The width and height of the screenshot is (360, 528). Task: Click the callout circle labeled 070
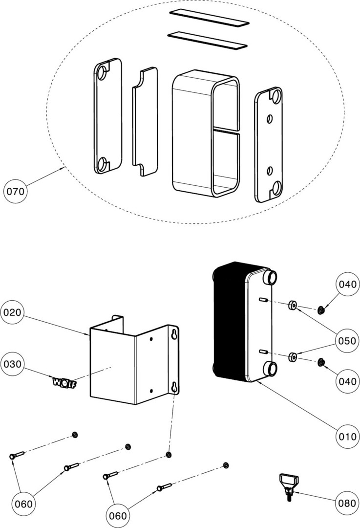click(15, 192)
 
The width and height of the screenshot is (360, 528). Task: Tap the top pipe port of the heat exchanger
click(270, 279)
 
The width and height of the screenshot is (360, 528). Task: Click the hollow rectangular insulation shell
click(206, 132)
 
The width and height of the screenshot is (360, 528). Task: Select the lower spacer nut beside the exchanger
click(294, 357)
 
